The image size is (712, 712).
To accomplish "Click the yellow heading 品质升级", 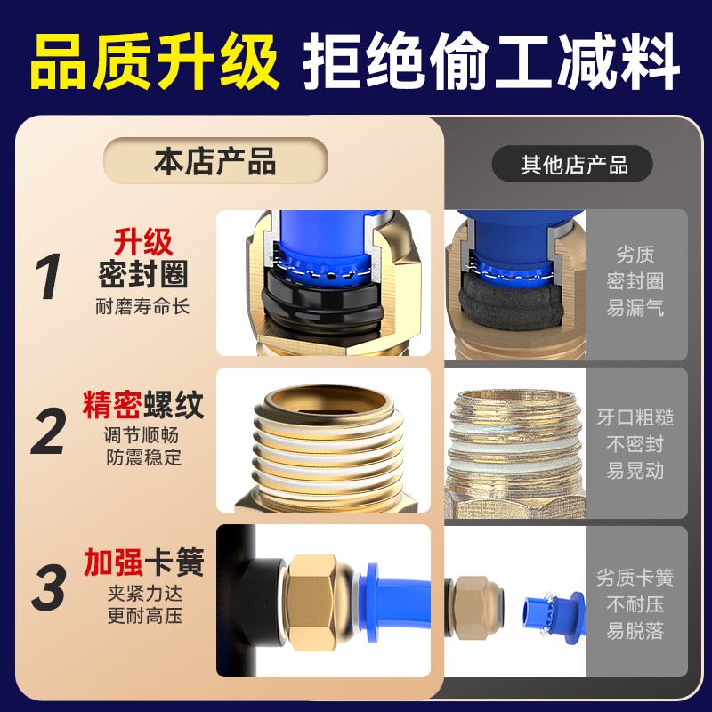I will pyautogui.click(x=153, y=61).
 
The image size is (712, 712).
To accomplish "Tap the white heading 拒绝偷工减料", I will pyautogui.click(x=491, y=61).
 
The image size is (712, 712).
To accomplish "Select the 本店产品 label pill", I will pyautogui.click(x=215, y=162).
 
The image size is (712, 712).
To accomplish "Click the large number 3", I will pyautogui.click(x=50, y=587).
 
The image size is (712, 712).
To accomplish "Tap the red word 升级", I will pyautogui.click(x=142, y=241).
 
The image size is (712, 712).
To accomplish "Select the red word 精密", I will pyautogui.click(x=114, y=407).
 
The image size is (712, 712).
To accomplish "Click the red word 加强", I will pyautogui.click(x=114, y=562).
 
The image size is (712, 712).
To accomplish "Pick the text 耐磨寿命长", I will pyautogui.click(x=142, y=308).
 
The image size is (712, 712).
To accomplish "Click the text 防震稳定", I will pyautogui.click(x=142, y=459).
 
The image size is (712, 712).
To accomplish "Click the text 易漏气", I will pyautogui.click(x=635, y=309).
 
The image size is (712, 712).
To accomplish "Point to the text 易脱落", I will pyautogui.click(x=635, y=633).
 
